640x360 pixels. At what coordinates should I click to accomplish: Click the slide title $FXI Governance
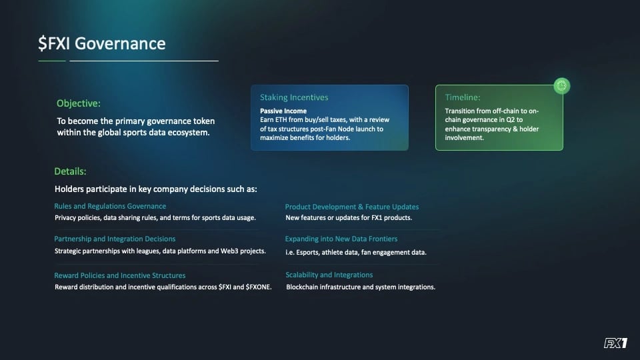pyautogui.click(x=101, y=44)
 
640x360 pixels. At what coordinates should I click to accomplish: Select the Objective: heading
pyautogui.click(x=79, y=103)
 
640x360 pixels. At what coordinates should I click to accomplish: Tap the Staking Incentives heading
pyautogui.click(x=294, y=97)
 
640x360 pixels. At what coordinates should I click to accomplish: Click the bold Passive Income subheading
pyautogui.click(x=283, y=111)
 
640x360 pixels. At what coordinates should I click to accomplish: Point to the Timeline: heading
pyautogui.click(x=463, y=97)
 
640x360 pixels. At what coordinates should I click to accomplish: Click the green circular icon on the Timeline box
pyautogui.click(x=561, y=86)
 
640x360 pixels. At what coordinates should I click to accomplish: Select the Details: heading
pyautogui.click(x=70, y=171)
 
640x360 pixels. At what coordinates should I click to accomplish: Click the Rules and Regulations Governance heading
pyautogui.click(x=110, y=206)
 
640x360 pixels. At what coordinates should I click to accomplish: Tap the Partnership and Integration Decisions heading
pyautogui.click(x=115, y=239)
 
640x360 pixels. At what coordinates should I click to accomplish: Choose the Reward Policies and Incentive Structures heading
pyautogui.click(x=120, y=275)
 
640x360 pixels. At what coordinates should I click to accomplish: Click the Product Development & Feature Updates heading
pyautogui.click(x=352, y=207)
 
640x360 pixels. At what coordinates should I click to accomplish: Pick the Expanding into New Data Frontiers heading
pyautogui.click(x=341, y=239)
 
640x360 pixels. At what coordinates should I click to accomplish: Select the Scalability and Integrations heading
pyautogui.click(x=329, y=275)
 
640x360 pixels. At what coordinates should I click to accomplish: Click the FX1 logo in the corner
pyautogui.click(x=615, y=343)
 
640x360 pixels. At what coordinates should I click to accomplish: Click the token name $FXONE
pyautogui.click(x=259, y=287)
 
